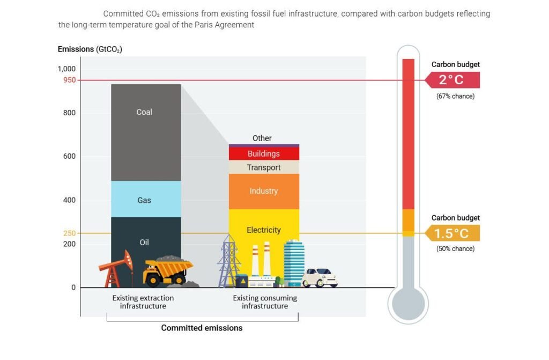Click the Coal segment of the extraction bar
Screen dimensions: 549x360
tap(146, 133)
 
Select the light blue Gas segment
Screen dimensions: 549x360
tap(146, 199)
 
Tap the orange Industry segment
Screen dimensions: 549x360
tap(264, 192)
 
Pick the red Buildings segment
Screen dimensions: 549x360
tap(264, 153)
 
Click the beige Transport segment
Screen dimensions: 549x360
tap(264, 167)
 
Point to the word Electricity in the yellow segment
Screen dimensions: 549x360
tap(264, 230)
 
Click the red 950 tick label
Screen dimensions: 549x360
tap(69, 80)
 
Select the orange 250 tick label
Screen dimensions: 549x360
tap(69, 233)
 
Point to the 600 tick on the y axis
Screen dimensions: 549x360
tap(69, 156)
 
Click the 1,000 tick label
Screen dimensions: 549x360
tap(66, 69)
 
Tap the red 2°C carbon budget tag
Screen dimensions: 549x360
tap(452, 80)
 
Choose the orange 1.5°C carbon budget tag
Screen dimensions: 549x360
tap(452, 233)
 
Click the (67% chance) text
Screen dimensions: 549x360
tap(456, 96)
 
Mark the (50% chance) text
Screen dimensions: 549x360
tap(456, 248)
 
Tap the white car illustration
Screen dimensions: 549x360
tap(320, 277)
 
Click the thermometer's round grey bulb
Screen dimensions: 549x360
tap(408, 304)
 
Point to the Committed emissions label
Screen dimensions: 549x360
tap(202, 328)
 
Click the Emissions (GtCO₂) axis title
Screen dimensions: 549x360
tap(90, 49)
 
